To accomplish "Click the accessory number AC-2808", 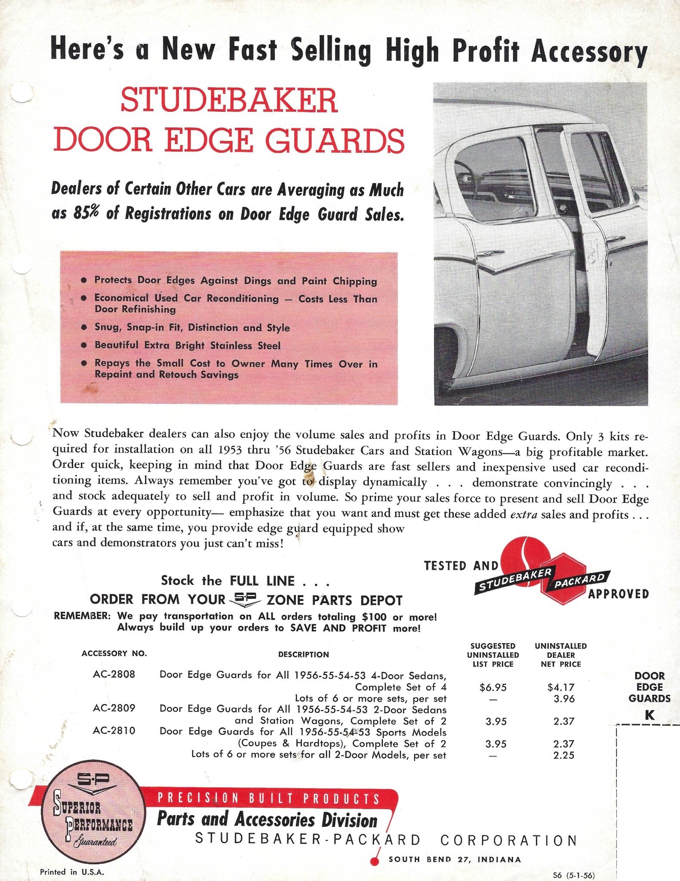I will point(114,674).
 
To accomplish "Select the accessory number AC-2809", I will point(114,708).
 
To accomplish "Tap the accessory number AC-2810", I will point(114,730).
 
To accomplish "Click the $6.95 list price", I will point(493,687).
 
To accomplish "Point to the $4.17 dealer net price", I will point(561,687).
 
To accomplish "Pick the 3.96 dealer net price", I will point(564,699).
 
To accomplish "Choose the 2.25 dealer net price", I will point(564,755).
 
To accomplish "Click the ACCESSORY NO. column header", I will point(114,653).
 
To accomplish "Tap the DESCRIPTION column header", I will point(303,654).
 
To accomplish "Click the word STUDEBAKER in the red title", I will point(229,100).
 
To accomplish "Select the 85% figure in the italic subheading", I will point(86,212).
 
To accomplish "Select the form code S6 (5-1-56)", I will point(574,875).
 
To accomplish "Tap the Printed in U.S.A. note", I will point(72,872).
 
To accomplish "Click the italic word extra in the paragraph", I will point(523,514).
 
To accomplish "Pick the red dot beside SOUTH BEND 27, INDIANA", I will point(375,861).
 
